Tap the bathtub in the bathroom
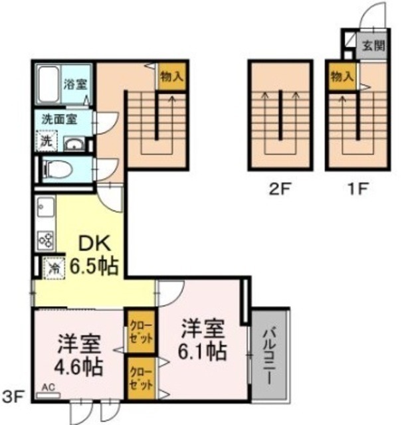pos(48,86)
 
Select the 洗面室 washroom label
pos(59,120)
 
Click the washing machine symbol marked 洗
pos(47,141)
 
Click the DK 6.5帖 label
pos(94,256)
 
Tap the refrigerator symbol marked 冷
pos(52,268)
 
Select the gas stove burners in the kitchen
pos(45,238)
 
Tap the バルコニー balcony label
pos(268,355)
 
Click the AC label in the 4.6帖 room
pos(49,386)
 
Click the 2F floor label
pos(280,187)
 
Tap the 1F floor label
pos(356,187)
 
